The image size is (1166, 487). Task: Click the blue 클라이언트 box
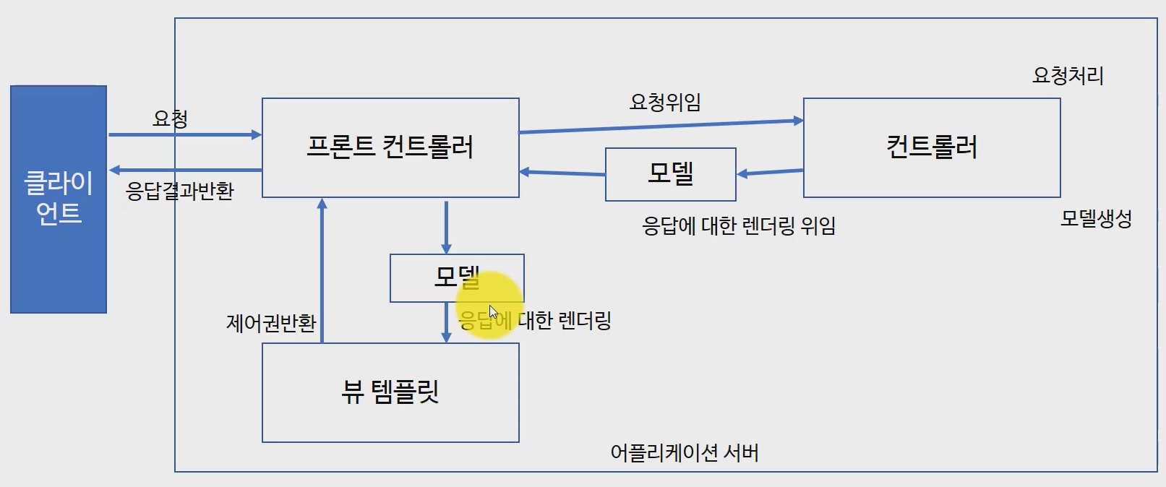pos(59,199)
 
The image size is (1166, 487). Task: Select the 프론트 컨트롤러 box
pos(390,147)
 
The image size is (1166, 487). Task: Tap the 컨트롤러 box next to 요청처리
pos(932,147)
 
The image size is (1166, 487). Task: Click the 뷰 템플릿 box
pos(390,392)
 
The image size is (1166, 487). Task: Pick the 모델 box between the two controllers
pos(670,174)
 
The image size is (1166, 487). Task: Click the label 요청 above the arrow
pos(171,118)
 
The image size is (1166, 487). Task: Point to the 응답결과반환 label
pos(180,191)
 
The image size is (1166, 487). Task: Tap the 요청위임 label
pos(665,102)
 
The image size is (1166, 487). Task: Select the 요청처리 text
pos(1068,75)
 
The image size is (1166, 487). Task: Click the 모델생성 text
pos(1096,218)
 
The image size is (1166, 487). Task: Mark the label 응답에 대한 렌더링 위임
pos(739,226)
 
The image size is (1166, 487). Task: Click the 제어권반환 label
pos(271,322)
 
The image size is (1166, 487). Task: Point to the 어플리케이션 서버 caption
pos(685,453)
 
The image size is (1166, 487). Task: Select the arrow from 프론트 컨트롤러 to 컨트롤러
pos(661,126)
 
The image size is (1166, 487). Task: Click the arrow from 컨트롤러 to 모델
pos(770,173)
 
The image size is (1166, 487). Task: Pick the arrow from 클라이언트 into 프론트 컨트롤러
pos(184,134)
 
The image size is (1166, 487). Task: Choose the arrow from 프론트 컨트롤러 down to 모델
pos(446,226)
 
